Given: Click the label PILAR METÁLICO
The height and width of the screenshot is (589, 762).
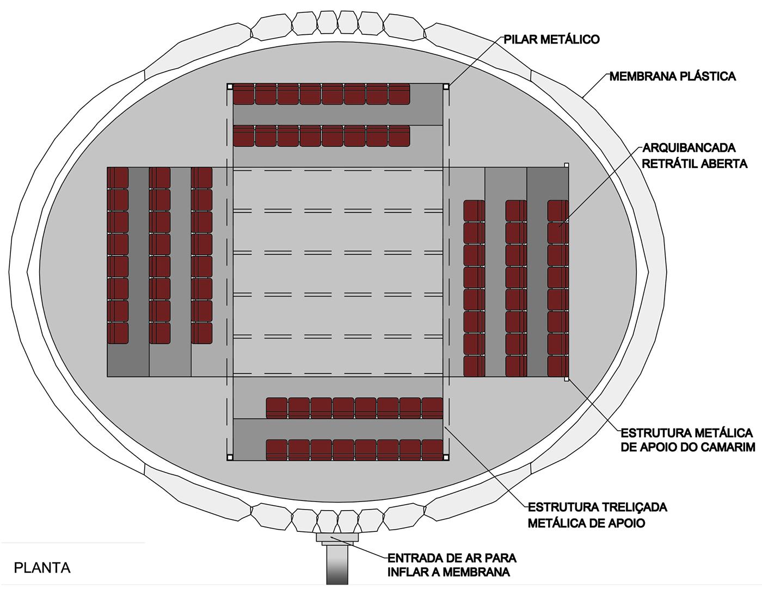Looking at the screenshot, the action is point(551,40).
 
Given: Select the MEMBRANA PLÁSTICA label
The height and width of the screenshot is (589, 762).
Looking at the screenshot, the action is point(672,76).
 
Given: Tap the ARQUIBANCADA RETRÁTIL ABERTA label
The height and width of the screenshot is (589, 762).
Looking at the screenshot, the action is point(695,156).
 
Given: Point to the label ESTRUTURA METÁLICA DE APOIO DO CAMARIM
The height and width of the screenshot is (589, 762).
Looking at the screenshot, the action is point(687,440).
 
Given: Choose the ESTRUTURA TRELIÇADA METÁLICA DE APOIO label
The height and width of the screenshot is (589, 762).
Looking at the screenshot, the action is point(597,515).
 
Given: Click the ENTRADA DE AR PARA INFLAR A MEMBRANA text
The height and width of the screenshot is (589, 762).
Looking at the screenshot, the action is point(452,565).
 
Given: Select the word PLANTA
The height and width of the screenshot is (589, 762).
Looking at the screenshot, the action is point(42,568).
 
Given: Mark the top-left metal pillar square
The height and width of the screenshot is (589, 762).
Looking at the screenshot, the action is point(230,86).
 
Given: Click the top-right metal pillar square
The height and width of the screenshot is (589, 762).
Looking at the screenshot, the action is point(446,86).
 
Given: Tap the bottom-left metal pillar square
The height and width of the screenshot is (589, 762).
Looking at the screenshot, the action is point(230,457).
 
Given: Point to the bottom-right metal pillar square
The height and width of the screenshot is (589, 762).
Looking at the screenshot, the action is point(446,457).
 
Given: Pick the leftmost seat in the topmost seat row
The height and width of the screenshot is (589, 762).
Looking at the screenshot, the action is point(244,94).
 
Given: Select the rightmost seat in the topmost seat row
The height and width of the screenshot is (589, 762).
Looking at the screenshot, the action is point(399,94).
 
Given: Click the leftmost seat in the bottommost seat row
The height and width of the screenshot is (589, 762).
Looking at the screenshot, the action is point(276,450).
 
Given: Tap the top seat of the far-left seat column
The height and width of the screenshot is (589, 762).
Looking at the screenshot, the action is point(118,178).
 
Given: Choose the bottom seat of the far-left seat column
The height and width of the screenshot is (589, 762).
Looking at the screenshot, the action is point(118,333).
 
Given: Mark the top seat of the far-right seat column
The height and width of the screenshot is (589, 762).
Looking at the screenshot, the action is point(558,211).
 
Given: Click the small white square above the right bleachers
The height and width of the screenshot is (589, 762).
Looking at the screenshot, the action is point(566,165).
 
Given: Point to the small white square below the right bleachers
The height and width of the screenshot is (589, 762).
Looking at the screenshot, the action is point(566,379).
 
